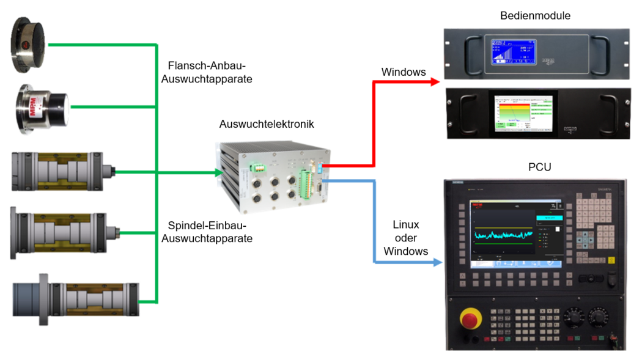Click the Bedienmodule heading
tap(535, 16)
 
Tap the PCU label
tap(539, 166)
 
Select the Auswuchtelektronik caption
tap(266, 124)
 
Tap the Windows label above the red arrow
tap(404, 72)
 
